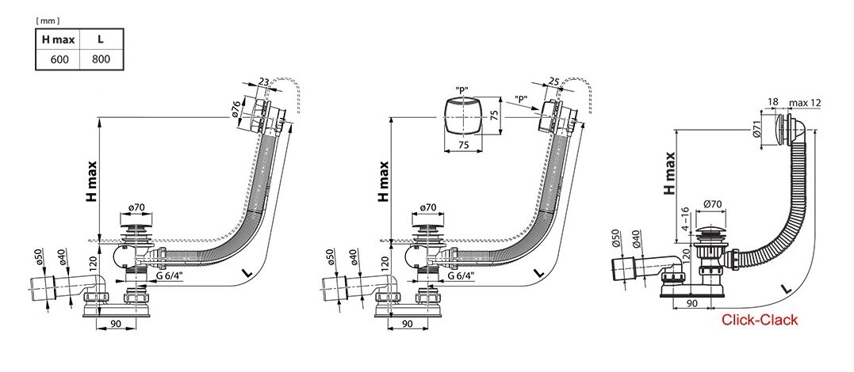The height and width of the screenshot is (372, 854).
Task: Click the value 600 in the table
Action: (x=59, y=59)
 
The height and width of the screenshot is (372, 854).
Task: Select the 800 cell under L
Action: (x=101, y=59)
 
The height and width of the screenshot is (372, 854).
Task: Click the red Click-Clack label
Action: (x=759, y=320)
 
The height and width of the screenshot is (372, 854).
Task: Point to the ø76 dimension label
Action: (x=236, y=112)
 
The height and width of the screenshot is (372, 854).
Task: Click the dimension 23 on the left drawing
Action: (x=263, y=82)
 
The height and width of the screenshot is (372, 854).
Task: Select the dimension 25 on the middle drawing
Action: (x=554, y=82)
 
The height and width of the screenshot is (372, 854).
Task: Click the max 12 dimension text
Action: (x=804, y=102)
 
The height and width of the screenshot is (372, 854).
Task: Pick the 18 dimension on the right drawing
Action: (x=773, y=102)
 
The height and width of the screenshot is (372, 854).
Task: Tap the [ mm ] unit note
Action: (x=48, y=21)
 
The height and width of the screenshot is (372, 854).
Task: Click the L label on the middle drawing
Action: (x=538, y=272)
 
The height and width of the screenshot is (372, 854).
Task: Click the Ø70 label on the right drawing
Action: (x=714, y=204)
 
